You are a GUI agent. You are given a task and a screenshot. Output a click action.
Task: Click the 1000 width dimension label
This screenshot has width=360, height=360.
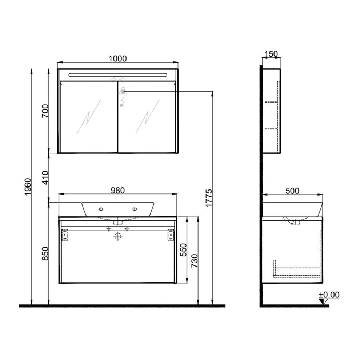(x=117, y=59)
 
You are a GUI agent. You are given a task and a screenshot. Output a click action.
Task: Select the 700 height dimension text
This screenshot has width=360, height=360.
(x=45, y=110)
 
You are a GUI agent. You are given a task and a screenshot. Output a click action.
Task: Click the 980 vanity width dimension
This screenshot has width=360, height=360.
(x=117, y=190)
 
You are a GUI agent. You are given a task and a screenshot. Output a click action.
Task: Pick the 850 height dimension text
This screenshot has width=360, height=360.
(x=45, y=253)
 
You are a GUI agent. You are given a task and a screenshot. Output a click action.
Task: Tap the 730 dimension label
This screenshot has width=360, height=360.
(x=195, y=260)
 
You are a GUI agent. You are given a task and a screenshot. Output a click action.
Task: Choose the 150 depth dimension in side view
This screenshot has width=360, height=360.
(x=271, y=55)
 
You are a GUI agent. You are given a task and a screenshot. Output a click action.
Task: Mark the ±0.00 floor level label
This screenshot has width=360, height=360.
(x=329, y=295)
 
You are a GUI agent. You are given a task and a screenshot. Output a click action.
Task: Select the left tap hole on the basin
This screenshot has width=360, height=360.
(x=101, y=209)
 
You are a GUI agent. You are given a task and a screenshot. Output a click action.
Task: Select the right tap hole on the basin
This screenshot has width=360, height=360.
(x=135, y=209)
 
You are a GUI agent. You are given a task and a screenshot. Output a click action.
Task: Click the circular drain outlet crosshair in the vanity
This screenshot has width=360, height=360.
(x=117, y=236)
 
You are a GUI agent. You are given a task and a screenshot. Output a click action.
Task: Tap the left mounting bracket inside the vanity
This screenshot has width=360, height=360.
(x=65, y=235)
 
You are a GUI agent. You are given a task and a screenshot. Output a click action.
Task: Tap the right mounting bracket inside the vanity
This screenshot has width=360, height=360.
(x=170, y=235)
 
